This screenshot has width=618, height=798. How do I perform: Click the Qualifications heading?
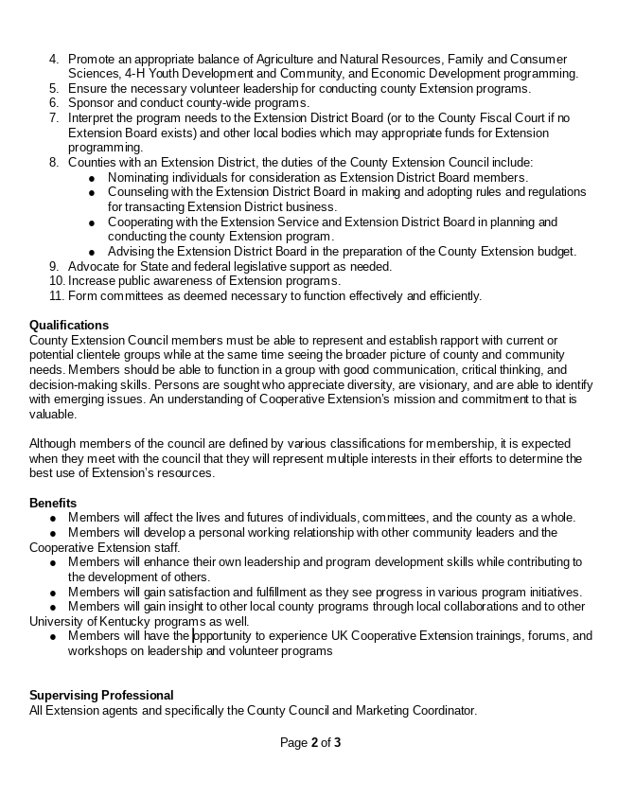(68, 326)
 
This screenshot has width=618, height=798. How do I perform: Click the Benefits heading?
(53, 503)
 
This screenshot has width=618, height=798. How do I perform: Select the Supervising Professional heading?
(101, 696)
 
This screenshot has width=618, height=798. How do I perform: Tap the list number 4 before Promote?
(54, 60)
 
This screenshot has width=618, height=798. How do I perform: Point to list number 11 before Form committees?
(56, 296)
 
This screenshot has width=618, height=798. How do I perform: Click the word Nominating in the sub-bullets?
(140, 178)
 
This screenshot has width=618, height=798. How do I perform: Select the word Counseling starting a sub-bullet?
(139, 192)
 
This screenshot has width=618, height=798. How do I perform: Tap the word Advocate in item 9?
(96, 267)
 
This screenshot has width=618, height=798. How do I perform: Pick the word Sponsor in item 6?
(93, 103)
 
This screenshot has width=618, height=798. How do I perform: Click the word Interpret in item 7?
(95, 118)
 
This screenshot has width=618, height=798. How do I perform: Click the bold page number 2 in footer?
(314, 743)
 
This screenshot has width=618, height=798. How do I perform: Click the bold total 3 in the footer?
(337, 743)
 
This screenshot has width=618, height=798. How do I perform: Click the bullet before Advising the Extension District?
(92, 253)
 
